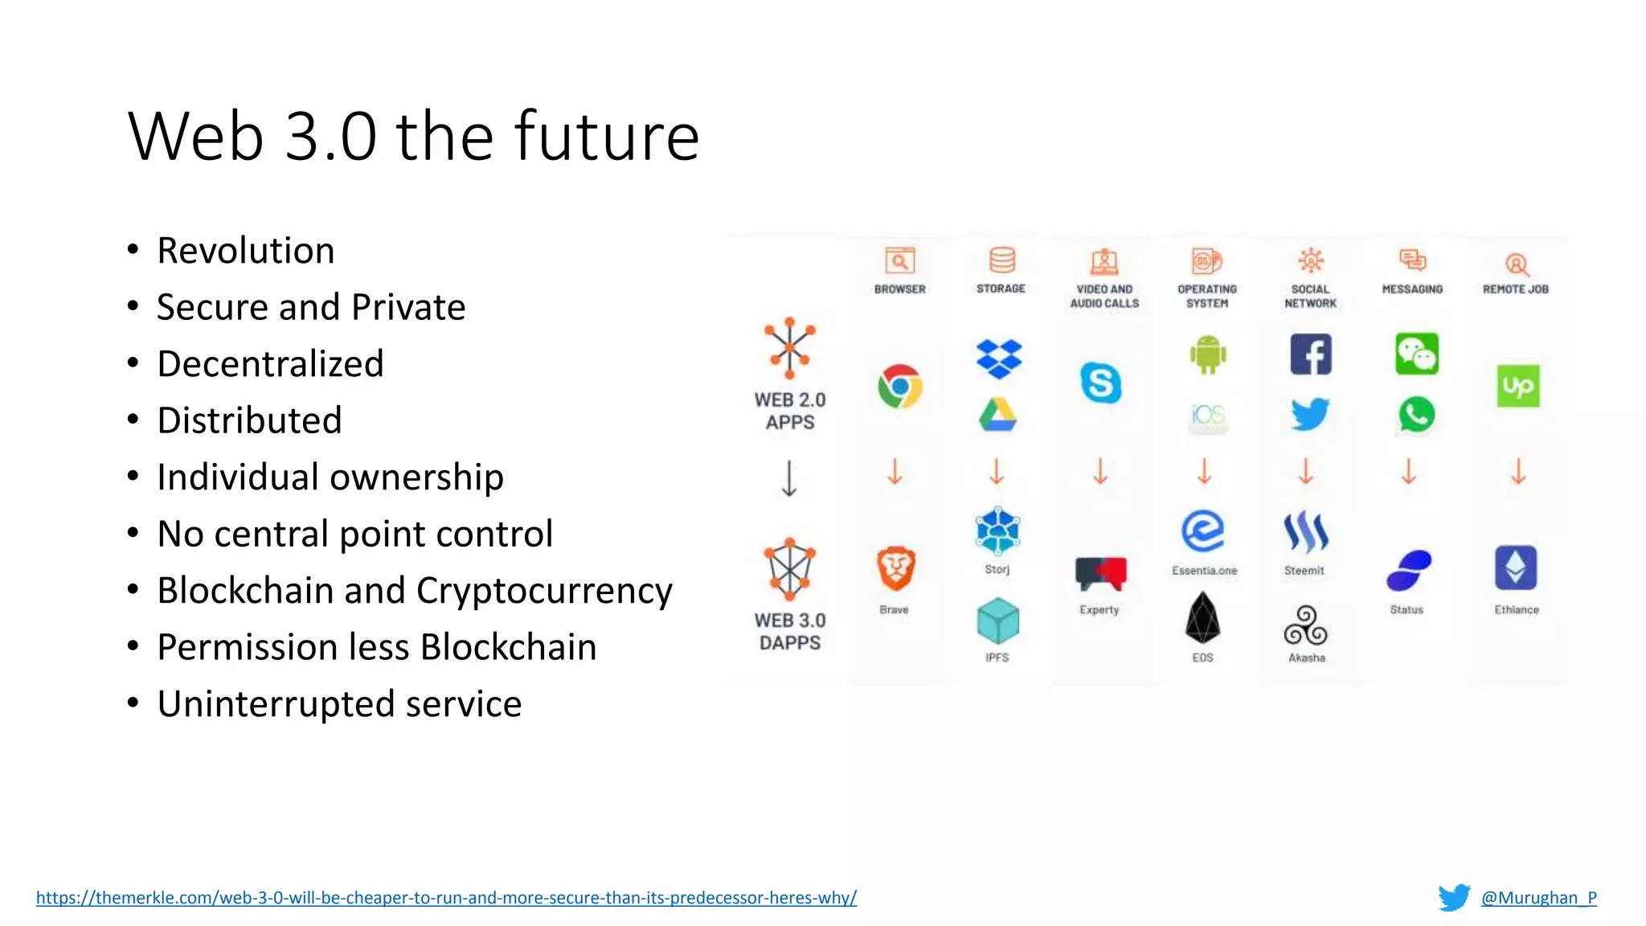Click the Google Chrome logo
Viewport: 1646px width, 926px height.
click(x=899, y=387)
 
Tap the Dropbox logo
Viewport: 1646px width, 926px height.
click(x=998, y=358)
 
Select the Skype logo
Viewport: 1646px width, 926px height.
click(x=1100, y=383)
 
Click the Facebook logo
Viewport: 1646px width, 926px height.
click(x=1310, y=354)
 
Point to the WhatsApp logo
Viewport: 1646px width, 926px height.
click(x=1416, y=415)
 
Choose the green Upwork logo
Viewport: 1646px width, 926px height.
click(x=1517, y=387)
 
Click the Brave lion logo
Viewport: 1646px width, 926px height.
click(x=895, y=569)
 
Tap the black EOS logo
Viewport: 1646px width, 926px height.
click(x=1202, y=618)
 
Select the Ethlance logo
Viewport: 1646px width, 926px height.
click(x=1516, y=567)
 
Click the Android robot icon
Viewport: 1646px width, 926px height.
click(x=1207, y=354)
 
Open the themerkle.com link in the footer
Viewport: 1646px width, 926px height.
click(x=446, y=897)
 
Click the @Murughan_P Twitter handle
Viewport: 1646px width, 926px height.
click(x=1538, y=897)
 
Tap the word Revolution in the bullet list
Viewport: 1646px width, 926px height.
click(x=246, y=251)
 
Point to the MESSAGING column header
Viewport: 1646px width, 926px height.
click(x=1412, y=289)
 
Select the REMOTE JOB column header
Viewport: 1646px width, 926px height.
click(x=1515, y=289)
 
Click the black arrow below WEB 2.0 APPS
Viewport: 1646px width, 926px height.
click(x=789, y=478)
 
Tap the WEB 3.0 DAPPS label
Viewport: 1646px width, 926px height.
click(x=790, y=632)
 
